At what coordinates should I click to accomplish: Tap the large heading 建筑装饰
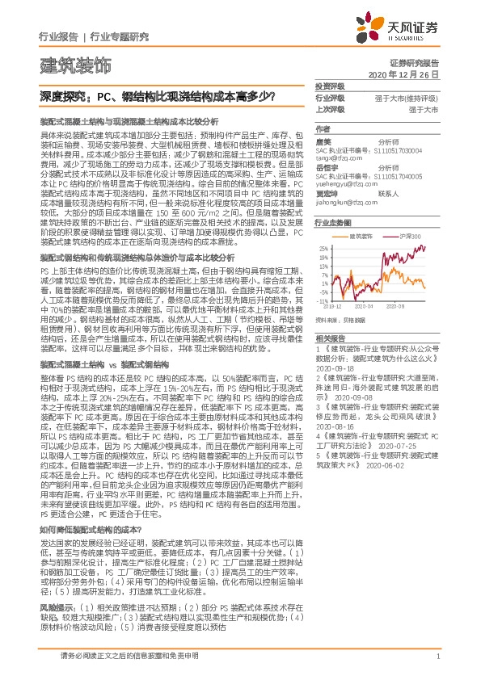(x=76, y=64)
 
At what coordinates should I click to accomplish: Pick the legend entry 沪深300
(x=412, y=236)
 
